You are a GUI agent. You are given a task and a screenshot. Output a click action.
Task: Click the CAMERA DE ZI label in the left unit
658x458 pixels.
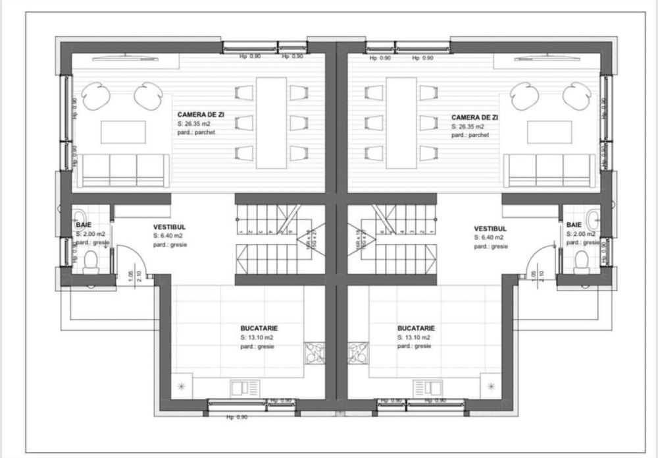click(x=201, y=115)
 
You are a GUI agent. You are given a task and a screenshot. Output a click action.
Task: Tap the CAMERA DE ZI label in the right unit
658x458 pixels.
click(x=474, y=117)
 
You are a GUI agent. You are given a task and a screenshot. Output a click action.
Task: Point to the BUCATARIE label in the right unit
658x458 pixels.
click(x=417, y=328)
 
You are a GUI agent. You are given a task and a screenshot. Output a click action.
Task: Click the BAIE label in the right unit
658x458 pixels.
click(x=574, y=225)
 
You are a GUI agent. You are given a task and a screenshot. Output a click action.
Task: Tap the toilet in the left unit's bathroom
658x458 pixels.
click(x=90, y=262)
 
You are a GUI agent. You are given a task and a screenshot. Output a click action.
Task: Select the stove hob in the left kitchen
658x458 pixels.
click(x=315, y=352)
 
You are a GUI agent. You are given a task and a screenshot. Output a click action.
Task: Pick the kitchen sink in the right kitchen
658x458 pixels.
click(x=422, y=387)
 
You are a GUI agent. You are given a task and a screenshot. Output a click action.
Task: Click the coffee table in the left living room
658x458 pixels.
click(x=123, y=132)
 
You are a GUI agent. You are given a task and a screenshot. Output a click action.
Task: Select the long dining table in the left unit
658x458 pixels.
click(x=271, y=123)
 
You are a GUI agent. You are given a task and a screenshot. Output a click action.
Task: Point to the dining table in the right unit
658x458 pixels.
click(x=401, y=123)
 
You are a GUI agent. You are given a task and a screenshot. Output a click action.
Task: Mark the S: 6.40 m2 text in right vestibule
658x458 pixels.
click(x=489, y=237)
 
